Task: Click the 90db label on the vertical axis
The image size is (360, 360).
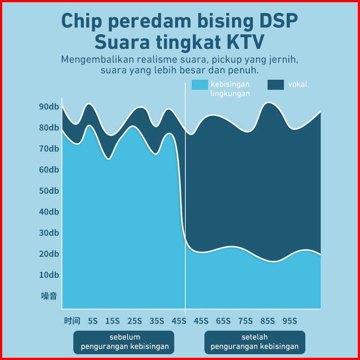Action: click(x=49, y=107)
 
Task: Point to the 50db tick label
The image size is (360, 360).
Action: click(x=49, y=191)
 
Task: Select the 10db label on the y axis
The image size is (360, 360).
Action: click(x=49, y=275)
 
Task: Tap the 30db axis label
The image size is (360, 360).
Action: click(x=49, y=233)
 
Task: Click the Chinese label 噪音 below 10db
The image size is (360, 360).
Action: click(x=49, y=296)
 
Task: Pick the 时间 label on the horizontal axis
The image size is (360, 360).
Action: click(x=72, y=321)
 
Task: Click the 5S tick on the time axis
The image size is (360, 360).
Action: click(x=93, y=321)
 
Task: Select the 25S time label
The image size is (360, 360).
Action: click(x=135, y=321)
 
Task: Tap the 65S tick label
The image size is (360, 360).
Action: click(x=223, y=321)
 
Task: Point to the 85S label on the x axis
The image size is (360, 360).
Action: click(x=268, y=321)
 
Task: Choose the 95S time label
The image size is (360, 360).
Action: click(x=290, y=321)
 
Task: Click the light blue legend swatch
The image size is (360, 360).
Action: click(x=200, y=84)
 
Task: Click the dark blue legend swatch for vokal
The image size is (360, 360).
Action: click(x=276, y=84)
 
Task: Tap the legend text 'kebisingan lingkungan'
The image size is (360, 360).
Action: click(x=230, y=88)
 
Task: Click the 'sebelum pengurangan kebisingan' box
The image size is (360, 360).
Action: click(x=124, y=342)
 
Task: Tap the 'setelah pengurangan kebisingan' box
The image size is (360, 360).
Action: click(x=255, y=342)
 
